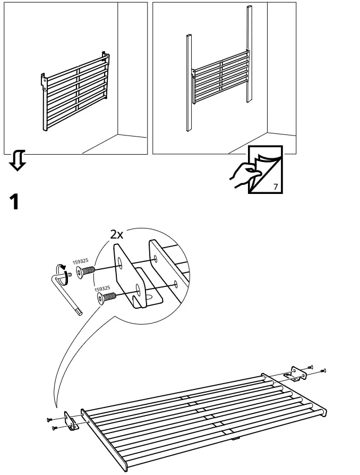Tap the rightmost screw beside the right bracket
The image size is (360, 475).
324,370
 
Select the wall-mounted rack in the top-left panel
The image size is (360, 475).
74,90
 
